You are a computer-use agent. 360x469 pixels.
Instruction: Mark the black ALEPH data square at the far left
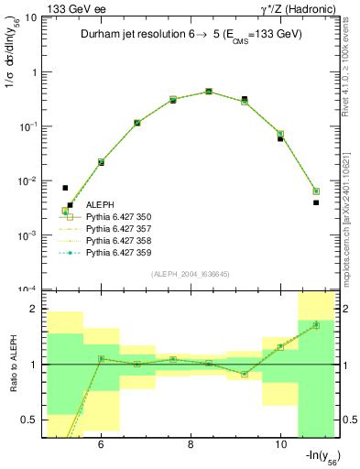pyautogui.click(x=65, y=188)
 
